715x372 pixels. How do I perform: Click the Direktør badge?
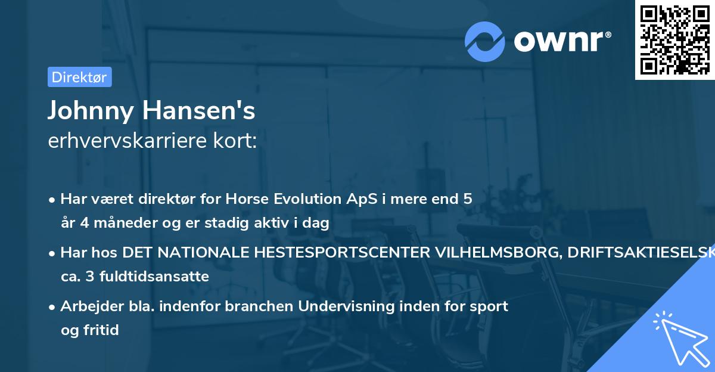click(x=79, y=77)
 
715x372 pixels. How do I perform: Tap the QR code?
click(x=675, y=39)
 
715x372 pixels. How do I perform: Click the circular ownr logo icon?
click(x=485, y=41)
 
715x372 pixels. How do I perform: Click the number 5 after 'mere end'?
click(x=468, y=199)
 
